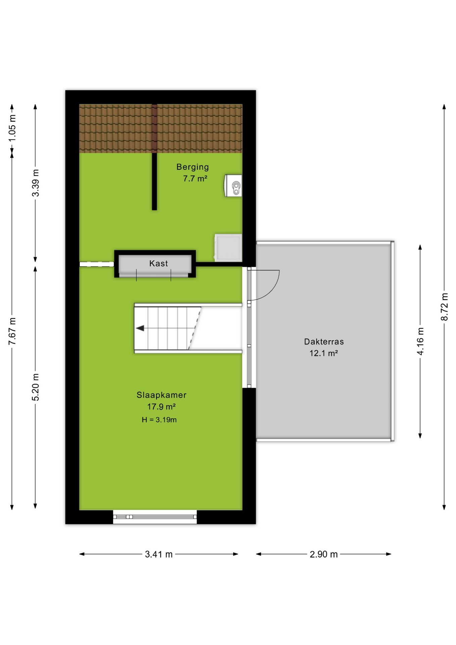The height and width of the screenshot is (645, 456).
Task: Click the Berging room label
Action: point(192,167)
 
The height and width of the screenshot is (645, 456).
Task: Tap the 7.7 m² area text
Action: point(195,178)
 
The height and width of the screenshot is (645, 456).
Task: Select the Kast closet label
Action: point(158,263)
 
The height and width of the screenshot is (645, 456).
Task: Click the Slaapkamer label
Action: point(161,395)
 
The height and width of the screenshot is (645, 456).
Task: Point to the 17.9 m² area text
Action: point(161,407)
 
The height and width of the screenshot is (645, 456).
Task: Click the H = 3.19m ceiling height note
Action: point(159,420)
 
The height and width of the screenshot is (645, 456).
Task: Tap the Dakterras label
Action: point(324,342)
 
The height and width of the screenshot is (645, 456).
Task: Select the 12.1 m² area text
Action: point(323,353)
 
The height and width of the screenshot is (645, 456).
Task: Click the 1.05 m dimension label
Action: point(12,128)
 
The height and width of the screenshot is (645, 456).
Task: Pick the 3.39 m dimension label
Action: point(36,183)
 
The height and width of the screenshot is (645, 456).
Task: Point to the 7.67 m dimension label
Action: point(12,331)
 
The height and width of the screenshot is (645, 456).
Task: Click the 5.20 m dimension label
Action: point(36,387)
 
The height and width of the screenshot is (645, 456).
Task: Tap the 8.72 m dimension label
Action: point(444,307)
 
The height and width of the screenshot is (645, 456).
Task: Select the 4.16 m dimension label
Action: point(420,341)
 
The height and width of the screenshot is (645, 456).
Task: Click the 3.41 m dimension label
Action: point(159,554)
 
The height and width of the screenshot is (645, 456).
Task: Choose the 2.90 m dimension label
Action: point(324,554)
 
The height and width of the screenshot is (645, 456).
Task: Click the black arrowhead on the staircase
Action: point(140,328)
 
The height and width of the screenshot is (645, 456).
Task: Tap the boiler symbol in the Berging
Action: point(233,185)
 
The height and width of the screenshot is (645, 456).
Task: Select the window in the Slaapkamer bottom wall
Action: point(155,517)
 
